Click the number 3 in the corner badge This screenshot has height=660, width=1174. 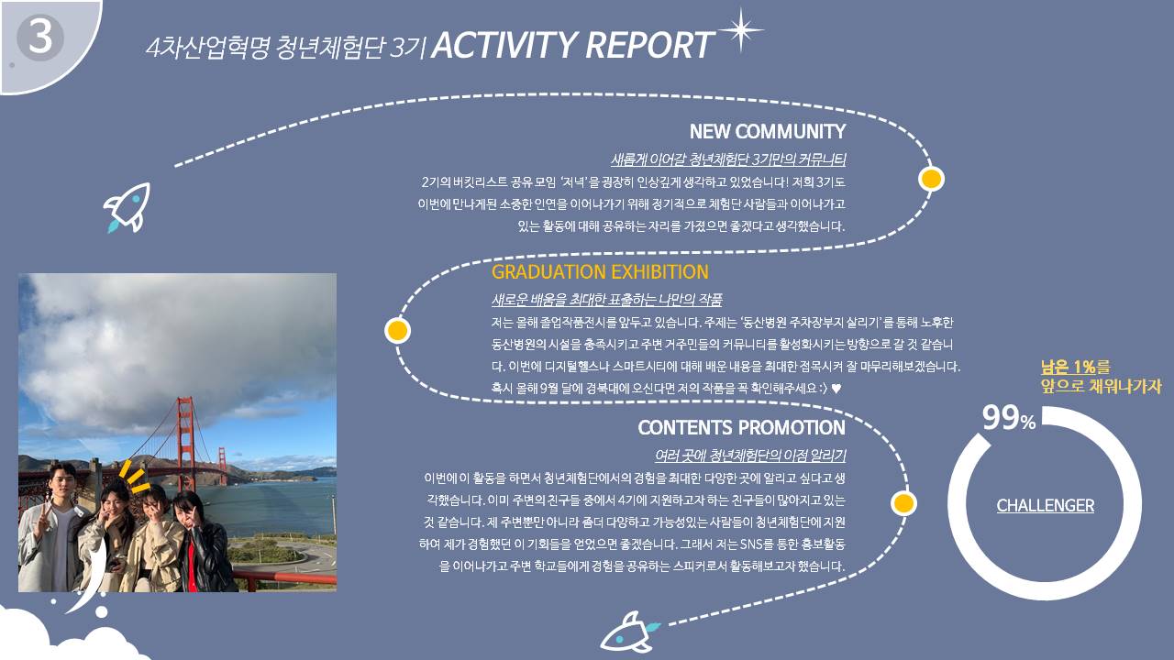click(40, 37)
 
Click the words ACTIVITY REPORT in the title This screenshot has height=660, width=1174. click(573, 45)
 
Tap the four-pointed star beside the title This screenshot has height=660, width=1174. click(740, 30)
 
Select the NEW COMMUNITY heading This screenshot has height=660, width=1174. click(768, 131)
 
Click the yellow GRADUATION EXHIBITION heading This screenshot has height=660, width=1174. click(600, 272)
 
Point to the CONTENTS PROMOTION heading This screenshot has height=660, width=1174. click(742, 427)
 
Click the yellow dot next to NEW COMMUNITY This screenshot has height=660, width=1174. click(931, 179)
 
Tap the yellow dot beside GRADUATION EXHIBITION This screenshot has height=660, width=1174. click(397, 331)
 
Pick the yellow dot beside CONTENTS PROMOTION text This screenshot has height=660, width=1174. click(903, 503)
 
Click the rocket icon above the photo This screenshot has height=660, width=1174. click(127, 207)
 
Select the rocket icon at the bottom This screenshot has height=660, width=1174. click(629, 632)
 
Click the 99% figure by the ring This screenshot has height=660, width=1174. click(1009, 418)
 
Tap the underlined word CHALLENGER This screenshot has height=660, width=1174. click(1045, 505)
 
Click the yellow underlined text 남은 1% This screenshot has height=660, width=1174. click(1068, 367)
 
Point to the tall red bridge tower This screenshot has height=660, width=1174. click(186, 443)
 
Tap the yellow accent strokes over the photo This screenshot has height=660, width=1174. click(134, 477)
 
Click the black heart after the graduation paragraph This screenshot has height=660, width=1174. click(836, 389)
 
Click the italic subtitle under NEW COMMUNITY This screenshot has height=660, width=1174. click(728, 159)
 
